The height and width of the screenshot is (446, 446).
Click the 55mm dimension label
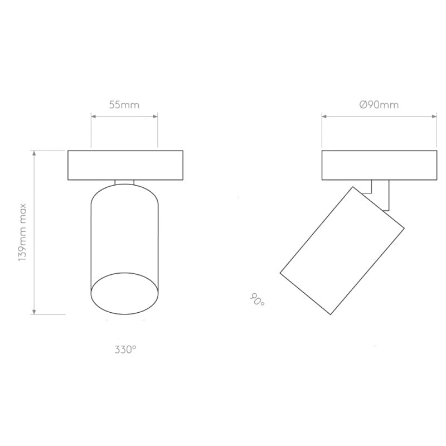tap(124, 104)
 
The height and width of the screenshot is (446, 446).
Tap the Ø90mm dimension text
tap(379, 104)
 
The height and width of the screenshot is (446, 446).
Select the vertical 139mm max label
tap(23, 232)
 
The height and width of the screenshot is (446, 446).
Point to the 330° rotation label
tap(125, 350)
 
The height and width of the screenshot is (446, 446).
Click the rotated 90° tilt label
tap(258, 300)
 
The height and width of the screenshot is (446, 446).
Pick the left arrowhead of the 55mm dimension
tap(93, 117)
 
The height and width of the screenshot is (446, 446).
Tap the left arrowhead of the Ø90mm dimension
tap(324, 117)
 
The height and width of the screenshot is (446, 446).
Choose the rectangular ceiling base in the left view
tap(125, 165)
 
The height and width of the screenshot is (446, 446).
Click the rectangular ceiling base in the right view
tap(379, 165)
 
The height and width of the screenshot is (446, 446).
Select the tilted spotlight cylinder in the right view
tap(341, 251)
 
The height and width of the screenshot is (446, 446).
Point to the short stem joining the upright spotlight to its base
tap(124, 182)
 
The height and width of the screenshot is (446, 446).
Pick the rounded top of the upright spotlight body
tap(124, 192)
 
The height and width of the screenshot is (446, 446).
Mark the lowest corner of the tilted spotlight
tap(331, 314)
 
